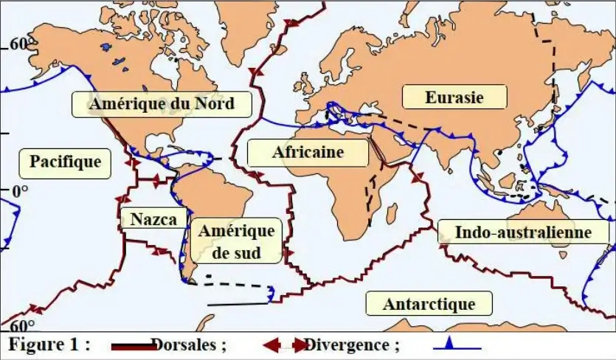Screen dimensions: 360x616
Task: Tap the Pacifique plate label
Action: [x=65, y=161]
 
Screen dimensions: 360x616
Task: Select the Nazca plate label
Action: [x=153, y=218]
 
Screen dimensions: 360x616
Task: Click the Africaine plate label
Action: [x=308, y=153]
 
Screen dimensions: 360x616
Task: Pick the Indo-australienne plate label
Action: [x=523, y=232]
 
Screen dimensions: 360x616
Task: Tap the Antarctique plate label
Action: [x=429, y=303]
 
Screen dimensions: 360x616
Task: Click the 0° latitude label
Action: [x=18, y=191]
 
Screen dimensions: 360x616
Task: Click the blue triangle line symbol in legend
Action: [x=457, y=344]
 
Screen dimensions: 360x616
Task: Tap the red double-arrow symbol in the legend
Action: [x=284, y=345]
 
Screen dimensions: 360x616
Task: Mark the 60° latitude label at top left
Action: [x=20, y=44]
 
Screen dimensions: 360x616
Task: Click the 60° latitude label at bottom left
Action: [x=22, y=325]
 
